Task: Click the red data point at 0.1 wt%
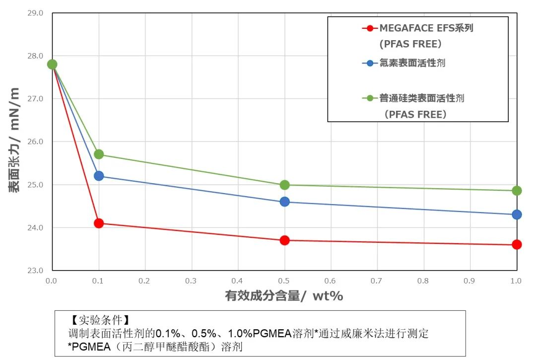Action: click(x=99, y=223)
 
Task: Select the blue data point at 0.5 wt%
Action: click(x=285, y=202)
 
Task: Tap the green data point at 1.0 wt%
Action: click(x=517, y=191)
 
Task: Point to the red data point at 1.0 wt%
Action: click(x=517, y=244)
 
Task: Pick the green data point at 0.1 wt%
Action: click(x=99, y=154)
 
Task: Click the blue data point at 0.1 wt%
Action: click(x=99, y=176)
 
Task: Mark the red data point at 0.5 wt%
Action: click(x=285, y=240)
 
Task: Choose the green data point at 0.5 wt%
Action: click(x=285, y=185)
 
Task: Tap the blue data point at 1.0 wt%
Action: click(x=517, y=215)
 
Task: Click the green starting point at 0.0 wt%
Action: click(x=52, y=64)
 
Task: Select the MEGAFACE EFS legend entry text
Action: click(x=426, y=28)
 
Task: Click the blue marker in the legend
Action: click(x=368, y=63)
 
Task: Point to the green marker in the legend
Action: click(x=368, y=98)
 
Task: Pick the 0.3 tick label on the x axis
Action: click(x=191, y=281)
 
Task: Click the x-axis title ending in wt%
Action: click(x=284, y=296)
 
